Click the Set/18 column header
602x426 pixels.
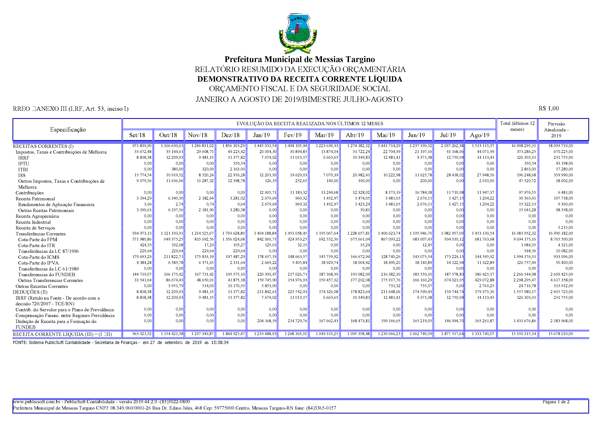pos(137,135)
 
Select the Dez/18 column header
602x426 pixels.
pos(230,135)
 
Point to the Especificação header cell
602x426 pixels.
pos(68,130)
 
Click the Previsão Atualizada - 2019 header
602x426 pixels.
pos(556,130)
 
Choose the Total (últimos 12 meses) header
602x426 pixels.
pos(517,126)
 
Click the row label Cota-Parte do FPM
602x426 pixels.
pos(37,240)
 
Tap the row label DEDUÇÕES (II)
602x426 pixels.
pos(30,292)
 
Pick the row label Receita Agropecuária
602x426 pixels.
pos(37,216)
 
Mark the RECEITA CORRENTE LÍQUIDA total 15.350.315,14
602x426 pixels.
pos(524,334)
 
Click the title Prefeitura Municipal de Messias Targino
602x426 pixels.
pos(300,59)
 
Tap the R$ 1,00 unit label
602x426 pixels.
pos(549,108)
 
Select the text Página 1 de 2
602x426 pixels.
pos(556,402)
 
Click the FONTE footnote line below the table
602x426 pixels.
pos(121,343)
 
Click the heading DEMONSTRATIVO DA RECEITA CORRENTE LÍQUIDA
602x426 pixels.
pos(300,79)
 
